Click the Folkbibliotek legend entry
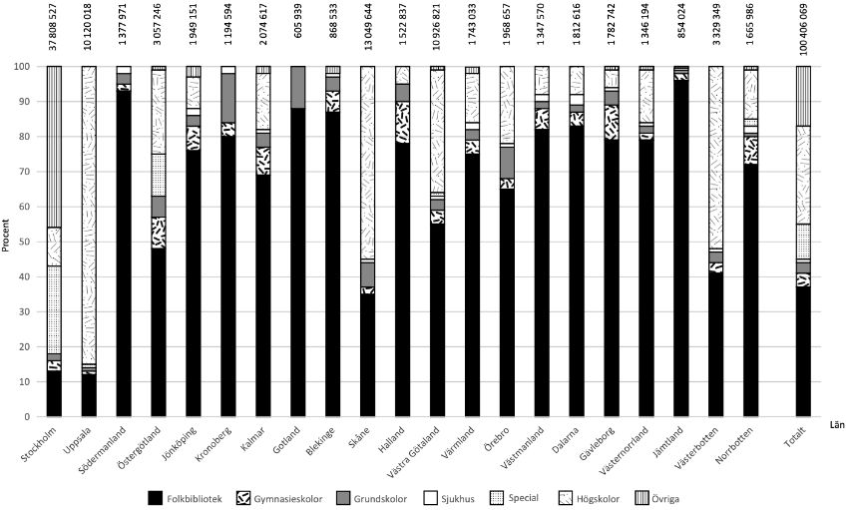pyautogui.click(x=196, y=497)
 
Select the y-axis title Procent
pyautogui.click(x=8, y=242)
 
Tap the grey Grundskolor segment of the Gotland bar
pyautogui.click(x=297, y=87)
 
